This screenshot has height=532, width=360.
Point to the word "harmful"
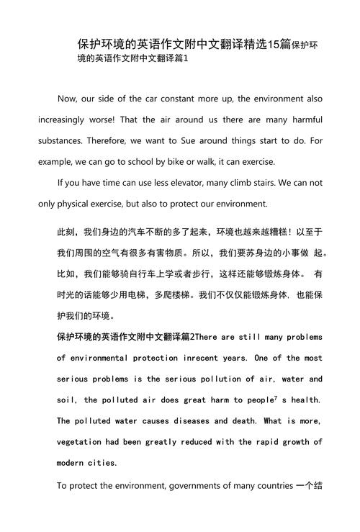[x=305, y=120]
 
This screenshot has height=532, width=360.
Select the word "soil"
[x=66, y=400]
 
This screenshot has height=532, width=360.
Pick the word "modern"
[x=72, y=463]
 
